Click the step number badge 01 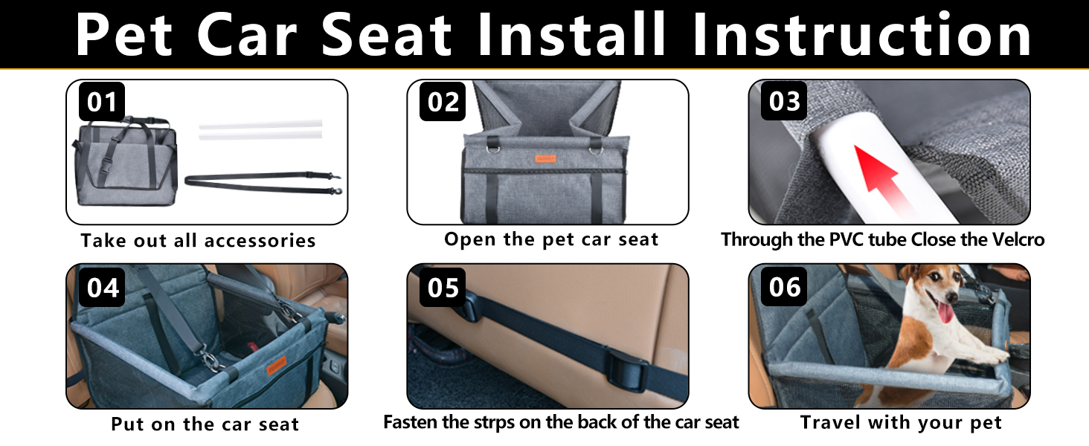click(102, 102)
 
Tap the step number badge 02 click(443, 102)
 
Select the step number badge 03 click(784, 101)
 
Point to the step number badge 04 click(103, 288)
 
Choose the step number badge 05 click(443, 288)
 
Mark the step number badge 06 click(784, 287)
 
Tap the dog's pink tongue click(945, 311)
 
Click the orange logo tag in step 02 click(545, 158)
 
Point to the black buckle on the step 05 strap click(628, 374)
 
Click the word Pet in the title click(124, 36)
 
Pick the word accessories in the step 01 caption click(260, 241)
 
